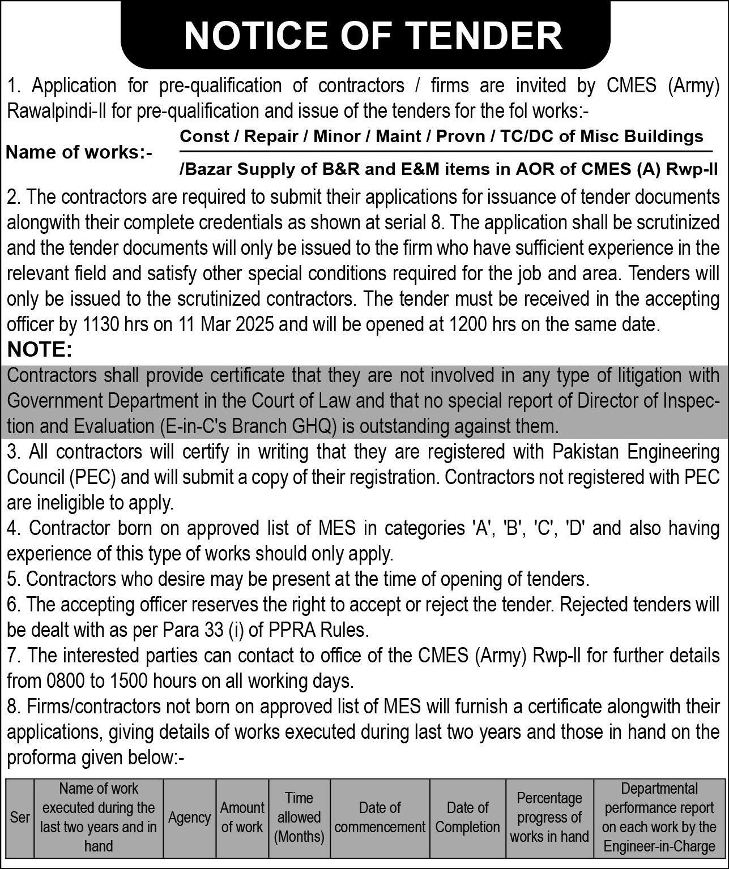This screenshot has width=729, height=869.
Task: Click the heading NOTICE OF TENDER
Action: (373, 35)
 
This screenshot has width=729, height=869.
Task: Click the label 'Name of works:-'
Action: (79, 152)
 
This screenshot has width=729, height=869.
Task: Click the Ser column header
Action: (20, 817)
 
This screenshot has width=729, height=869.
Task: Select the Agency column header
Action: (189, 817)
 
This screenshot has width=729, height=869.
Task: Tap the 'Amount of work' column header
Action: (242, 817)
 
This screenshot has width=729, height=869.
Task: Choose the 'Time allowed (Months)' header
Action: (299, 817)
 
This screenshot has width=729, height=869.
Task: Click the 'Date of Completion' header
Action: (467, 817)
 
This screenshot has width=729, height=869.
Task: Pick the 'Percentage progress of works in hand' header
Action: (549, 817)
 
